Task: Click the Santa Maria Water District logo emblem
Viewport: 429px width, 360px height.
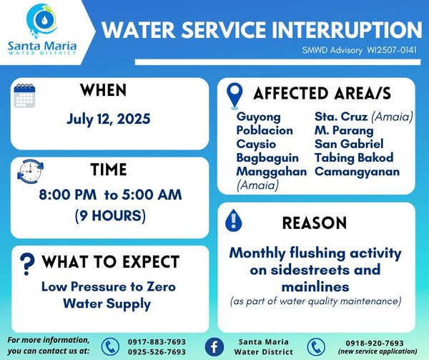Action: point(42,20)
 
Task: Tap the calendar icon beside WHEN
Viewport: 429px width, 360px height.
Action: point(24,95)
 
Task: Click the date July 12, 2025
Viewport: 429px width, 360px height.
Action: point(109,120)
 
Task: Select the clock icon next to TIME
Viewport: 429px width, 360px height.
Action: point(30,171)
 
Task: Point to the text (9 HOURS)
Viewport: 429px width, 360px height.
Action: point(110,215)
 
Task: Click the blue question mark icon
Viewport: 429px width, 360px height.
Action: point(27,263)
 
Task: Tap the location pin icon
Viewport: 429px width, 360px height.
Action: point(235,96)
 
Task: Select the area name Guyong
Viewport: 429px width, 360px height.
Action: point(259,117)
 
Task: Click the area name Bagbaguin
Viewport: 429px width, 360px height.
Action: point(267,158)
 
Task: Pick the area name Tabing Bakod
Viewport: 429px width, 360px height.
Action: point(354,157)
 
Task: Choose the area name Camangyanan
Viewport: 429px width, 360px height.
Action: point(357,172)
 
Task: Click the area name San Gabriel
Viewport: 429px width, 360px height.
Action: point(349,144)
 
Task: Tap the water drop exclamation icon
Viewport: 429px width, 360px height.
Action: point(233,220)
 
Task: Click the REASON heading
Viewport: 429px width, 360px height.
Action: point(315,223)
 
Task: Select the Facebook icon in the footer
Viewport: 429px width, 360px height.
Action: point(214,347)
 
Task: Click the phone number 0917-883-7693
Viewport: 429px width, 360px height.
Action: point(157,342)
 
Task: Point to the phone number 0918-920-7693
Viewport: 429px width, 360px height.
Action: point(375,343)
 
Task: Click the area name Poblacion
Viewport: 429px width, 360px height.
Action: point(265,130)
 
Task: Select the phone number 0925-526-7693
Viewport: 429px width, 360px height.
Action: point(157,352)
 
